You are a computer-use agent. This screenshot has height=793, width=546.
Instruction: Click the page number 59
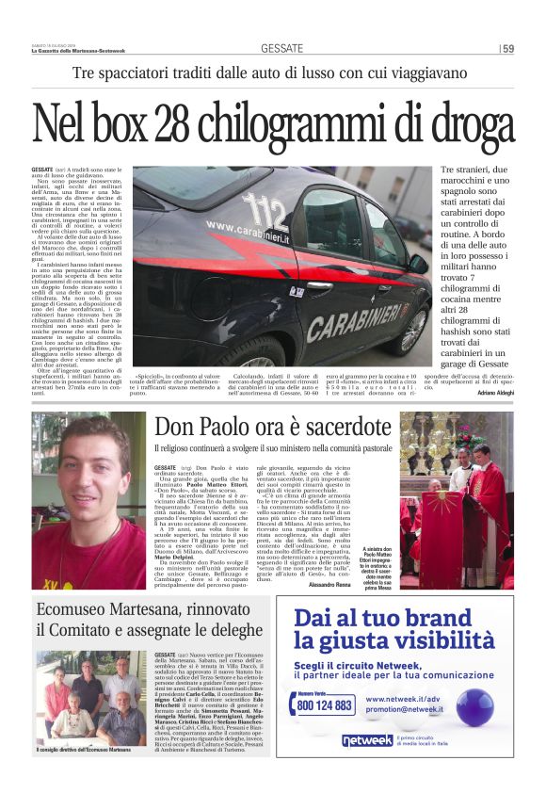point(507,48)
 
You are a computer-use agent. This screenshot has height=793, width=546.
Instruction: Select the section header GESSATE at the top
point(281,48)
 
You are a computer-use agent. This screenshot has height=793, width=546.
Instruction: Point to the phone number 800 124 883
point(324,705)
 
